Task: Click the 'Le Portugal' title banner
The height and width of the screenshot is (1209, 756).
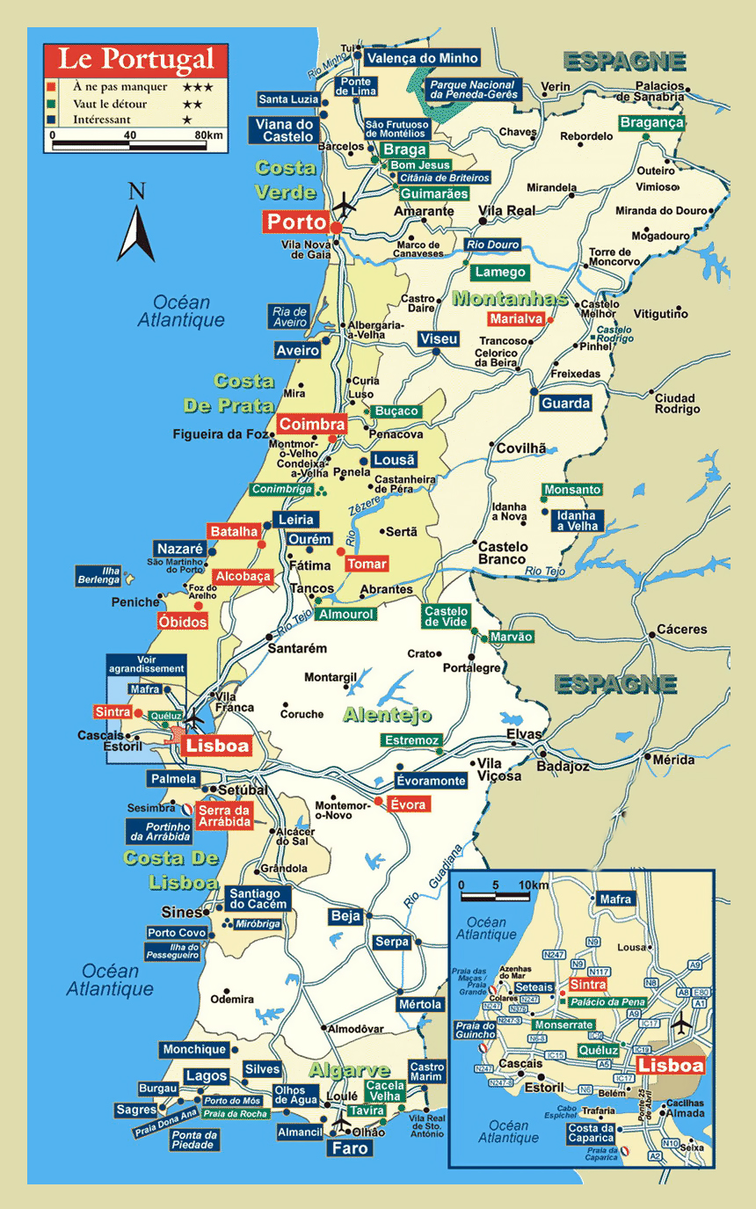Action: [x=136, y=59]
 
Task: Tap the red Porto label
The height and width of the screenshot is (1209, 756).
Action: [x=296, y=222]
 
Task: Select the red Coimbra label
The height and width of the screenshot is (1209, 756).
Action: [x=312, y=425]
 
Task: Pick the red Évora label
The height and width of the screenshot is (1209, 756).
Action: [x=410, y=805]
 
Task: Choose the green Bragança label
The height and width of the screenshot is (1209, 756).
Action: [x=651, y=123]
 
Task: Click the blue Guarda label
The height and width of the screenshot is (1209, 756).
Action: [x=566, y=403]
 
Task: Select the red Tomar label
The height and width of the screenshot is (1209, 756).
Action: [x=367, y=564]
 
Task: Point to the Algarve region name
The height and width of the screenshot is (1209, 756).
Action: [x=349, y=1070]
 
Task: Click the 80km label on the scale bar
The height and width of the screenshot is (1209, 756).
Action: [x=208, y=135]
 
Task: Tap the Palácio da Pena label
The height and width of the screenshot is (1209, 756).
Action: [x=607, y=1002]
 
